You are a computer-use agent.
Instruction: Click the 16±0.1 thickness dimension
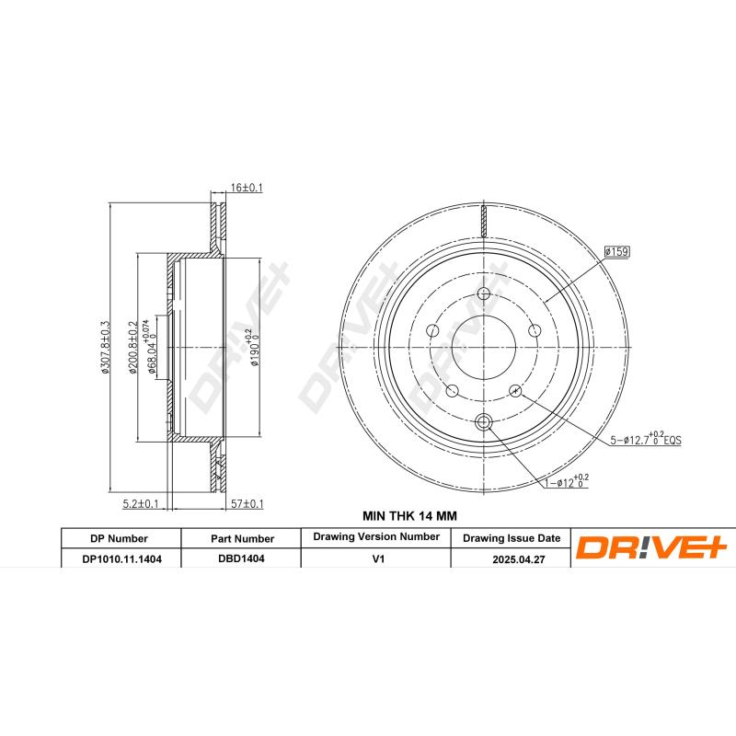tap(246, 188)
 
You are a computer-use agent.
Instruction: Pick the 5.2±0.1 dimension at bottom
tap(141, 503)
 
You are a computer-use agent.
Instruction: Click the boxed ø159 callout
tap(615, 250)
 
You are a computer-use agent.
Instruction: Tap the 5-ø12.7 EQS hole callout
tap(645, 440)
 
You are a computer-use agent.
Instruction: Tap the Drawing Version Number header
tap(376, 536)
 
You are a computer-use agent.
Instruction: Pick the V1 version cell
tap(376, 558)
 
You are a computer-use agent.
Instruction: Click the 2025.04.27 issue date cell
tap(511, 558)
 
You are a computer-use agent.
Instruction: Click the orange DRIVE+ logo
tap(651, 548)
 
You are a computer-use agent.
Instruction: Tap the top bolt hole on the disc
tap(484, 295)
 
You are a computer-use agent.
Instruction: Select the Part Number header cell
tap(241, 538)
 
